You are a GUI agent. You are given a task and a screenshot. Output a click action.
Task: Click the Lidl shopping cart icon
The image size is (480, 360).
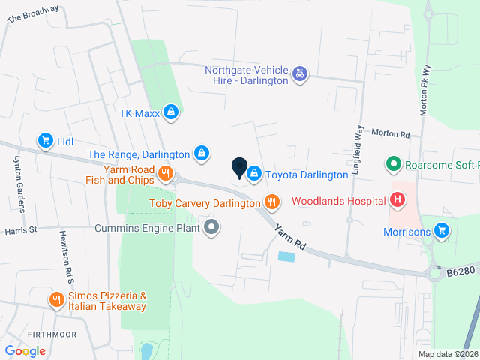pos(46,140)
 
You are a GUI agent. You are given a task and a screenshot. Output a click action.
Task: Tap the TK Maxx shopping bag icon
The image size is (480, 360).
pos(172,113)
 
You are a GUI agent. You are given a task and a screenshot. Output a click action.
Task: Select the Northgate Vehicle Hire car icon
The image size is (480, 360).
pos(300,73)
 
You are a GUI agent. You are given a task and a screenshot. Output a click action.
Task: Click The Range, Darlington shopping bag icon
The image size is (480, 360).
pos(201,153)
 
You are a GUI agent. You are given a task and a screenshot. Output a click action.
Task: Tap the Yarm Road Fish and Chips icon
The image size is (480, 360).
pos(166,175)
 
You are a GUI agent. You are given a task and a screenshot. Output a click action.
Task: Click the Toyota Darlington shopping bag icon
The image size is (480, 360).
pos(254,174)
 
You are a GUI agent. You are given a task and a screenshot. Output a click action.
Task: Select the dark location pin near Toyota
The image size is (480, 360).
pos(239,169)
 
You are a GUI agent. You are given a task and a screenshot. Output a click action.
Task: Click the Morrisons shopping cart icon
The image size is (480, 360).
pos(442,231)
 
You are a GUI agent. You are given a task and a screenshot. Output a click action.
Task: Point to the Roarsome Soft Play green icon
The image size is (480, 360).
pos(391,163)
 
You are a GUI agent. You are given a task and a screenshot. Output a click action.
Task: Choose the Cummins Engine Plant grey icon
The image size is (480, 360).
pos(212,226)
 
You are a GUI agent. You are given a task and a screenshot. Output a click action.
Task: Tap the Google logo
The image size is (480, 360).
pos(25,350)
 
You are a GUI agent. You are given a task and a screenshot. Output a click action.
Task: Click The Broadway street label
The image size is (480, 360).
pos(33,14)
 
